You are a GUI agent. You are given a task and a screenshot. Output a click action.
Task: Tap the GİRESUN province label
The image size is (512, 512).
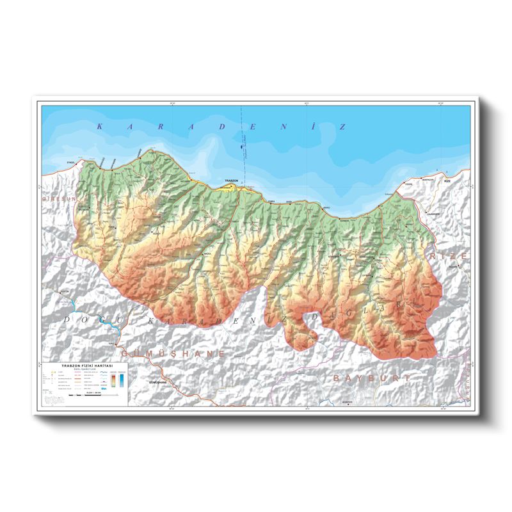(x=58, y=200)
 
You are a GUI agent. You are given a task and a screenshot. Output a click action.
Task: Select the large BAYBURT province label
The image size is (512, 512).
(x=371, y=378)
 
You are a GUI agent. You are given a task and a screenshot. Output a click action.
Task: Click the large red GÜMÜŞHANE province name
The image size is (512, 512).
(x=173, y=353)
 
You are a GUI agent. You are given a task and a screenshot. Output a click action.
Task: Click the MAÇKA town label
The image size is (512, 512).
(x=207, y=254)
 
